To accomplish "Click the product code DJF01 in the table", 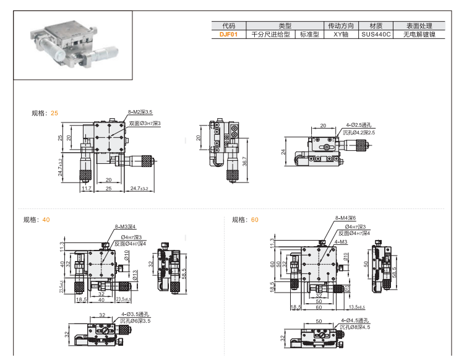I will coord(228,35).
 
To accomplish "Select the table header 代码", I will coord(228,26).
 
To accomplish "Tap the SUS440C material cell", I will coord(376,35).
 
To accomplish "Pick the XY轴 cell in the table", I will coord(341,35).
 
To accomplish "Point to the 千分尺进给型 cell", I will coord(270,35).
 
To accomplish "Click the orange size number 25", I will coord(54,113).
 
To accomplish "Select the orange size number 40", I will coord(46,220).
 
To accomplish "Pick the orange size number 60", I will coord(255,220).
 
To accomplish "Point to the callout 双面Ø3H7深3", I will coord(144,124).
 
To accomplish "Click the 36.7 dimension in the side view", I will coord(246,161).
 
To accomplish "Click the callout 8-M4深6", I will coord(346,218).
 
